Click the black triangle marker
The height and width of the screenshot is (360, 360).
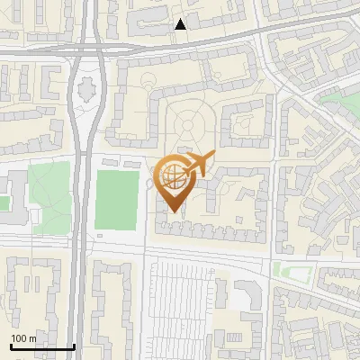click(x=181, y=24)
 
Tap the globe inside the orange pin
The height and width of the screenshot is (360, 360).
click(x=174, y=174)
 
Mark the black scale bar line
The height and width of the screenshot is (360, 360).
click(x=42, y=346)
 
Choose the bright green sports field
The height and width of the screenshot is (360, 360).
click(x=116, y=198)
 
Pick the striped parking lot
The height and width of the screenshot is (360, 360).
click(x=184, y=306)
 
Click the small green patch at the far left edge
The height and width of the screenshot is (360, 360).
click(x=4, y=203)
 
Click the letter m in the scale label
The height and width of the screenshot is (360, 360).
click(x=32, y=338)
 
